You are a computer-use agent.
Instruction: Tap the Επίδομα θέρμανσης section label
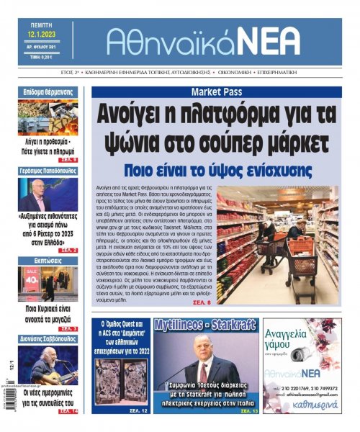tap(48, 92)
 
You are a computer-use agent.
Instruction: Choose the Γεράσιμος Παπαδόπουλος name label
tap(48, 171)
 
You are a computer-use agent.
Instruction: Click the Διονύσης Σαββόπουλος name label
tap(48, 337)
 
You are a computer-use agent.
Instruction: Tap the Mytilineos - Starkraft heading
tap(205, 325)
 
